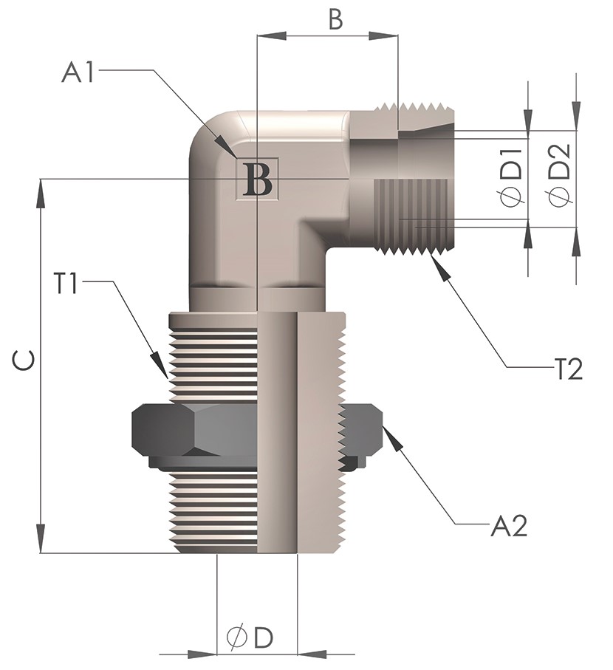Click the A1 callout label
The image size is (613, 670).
pos(78,72)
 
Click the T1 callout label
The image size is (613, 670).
pos(66,284)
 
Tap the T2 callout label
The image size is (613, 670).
pos(568,369)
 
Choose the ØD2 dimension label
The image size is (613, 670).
pos(560,176)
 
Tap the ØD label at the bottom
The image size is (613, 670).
pos(250,637)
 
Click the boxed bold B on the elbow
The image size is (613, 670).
pos(257,179)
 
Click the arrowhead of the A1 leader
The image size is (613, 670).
pos(227,148)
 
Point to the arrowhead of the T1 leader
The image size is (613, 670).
pos(161,366)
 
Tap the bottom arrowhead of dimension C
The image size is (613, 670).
pos(41,539)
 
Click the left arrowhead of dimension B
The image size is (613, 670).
pos(271,36)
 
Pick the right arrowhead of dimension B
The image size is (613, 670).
pos(383,36)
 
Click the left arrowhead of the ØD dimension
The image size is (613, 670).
pos(202,666)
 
